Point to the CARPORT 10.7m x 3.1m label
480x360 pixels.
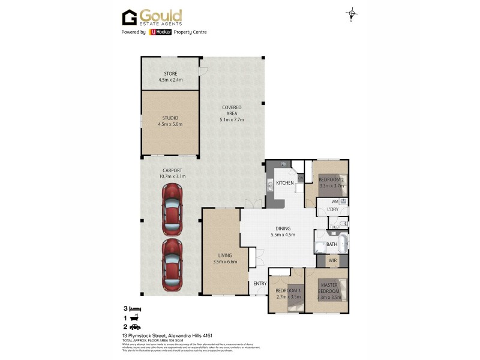pos(172,174)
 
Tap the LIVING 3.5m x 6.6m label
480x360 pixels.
pos(225,258)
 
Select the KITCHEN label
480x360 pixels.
pos(284,182)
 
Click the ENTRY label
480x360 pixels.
pos(260,284)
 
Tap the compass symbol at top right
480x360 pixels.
pos(352,14)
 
